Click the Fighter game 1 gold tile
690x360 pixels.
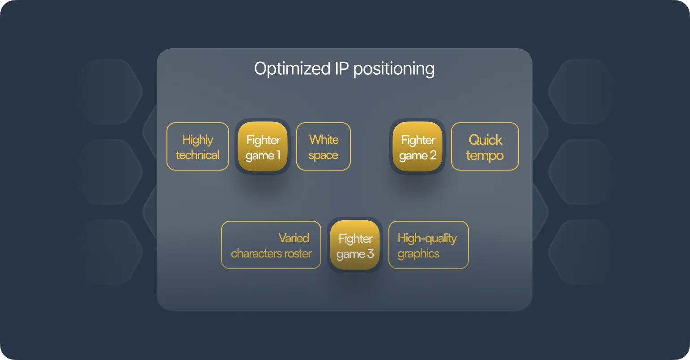[x=263, y=146]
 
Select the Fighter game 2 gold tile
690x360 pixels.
[x=417, y=146]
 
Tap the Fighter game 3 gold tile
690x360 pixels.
[x=355, y=245]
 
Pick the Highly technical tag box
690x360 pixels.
[x=198, y=146]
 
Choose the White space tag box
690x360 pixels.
[x=324, y=146]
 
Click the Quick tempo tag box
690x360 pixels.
[x=485, y=146]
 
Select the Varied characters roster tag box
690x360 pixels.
[x=271, y=245]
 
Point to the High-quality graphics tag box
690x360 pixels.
[x=428, y=245]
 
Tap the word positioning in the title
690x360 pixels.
[x=394, y=69]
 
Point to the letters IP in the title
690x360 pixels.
[x=341, y=69]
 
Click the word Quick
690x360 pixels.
[x=486, y=140]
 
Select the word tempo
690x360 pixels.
[x=485, y=155]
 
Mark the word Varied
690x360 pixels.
[x=294, y=238]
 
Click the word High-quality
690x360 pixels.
[x=427, y=238]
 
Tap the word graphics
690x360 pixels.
[x=418, y=254]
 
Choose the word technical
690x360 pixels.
[x=198, y=155]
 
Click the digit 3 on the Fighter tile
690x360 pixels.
[x=371, y=254]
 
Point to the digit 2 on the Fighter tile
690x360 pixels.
[x=433, y=155]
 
